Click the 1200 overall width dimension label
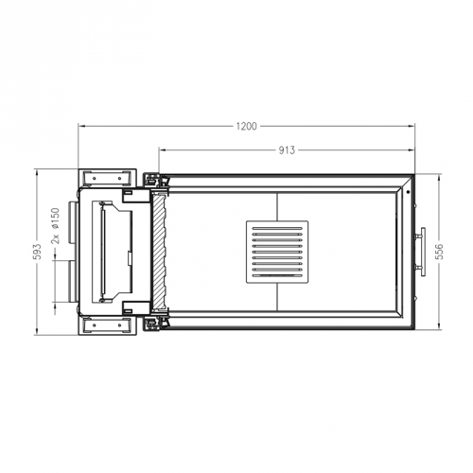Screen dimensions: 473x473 point(248,126)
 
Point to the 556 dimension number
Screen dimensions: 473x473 point(442,253)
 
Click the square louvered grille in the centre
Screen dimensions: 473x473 point(277,252)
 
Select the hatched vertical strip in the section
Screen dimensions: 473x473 point(159,252)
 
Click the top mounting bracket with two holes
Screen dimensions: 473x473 point(103,177)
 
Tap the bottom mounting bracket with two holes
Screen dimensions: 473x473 point(103,326)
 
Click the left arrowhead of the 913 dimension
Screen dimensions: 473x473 point(162,149)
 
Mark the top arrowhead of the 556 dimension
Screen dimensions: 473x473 point(442,177)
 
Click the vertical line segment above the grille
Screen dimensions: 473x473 point(277,205)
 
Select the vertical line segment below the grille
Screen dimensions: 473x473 point(277,299)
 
